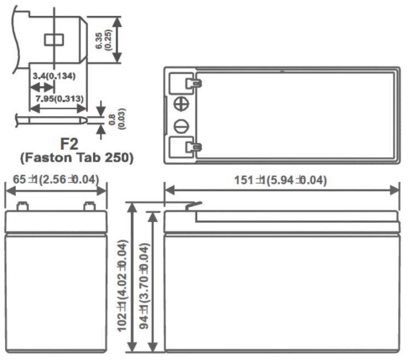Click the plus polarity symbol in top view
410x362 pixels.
[180, 104]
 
